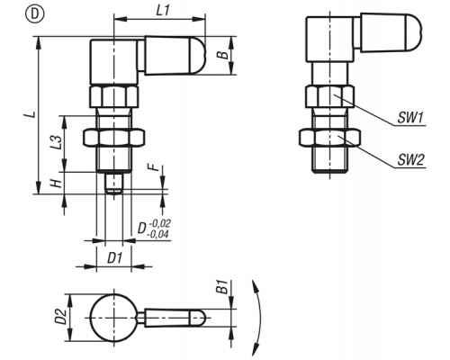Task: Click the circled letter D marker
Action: (35, 14)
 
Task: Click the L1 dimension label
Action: (163, 11)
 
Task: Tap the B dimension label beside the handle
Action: (222, 55)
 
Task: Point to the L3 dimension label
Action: (56, 142)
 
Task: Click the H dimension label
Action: (56, 183)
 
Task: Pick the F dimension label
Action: (155, 166)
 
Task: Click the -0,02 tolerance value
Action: (160, 223)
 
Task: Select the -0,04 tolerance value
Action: (158, 234)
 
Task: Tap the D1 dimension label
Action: (115, 257)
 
